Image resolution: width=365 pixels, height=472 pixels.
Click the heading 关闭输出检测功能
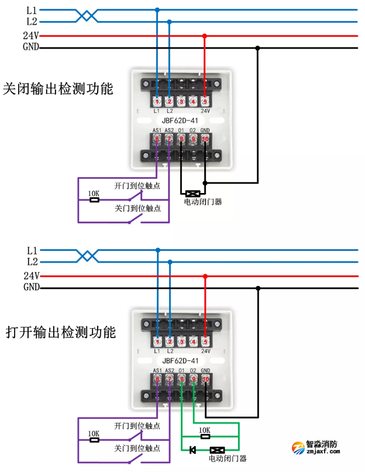click(x=58, y=89)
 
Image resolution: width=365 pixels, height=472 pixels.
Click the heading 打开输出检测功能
click(x=60, y=332)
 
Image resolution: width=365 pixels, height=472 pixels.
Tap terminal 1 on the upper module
click(x=157, y=102)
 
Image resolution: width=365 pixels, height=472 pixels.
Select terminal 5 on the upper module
click(x=204, y=102)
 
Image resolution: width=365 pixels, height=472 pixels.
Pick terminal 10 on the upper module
click(x=205, y=139)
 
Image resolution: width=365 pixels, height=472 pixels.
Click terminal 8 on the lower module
click(x=182, y=379)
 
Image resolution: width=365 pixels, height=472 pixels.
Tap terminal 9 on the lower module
click(x=194, y=379)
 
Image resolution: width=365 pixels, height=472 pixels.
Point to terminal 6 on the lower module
click(x=157, y=379)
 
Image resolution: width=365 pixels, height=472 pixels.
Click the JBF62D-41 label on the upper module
click(x=180, y=121)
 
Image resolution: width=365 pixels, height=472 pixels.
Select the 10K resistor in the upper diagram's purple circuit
click(x=94, y=199)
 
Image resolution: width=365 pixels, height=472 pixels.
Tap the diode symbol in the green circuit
click(x=192, y=450)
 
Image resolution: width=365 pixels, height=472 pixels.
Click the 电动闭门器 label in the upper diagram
click(x=202, y=202)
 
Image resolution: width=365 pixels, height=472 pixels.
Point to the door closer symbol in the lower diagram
click(x=218, y=450)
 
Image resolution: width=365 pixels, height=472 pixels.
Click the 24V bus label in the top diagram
click(x=31, y=35)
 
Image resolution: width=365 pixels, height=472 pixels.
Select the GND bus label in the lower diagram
click(x=31, y=287)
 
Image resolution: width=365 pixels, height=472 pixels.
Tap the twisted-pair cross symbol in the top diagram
click(x=87, y=15)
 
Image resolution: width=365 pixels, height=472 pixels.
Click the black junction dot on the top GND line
click(x=257, y=48)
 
